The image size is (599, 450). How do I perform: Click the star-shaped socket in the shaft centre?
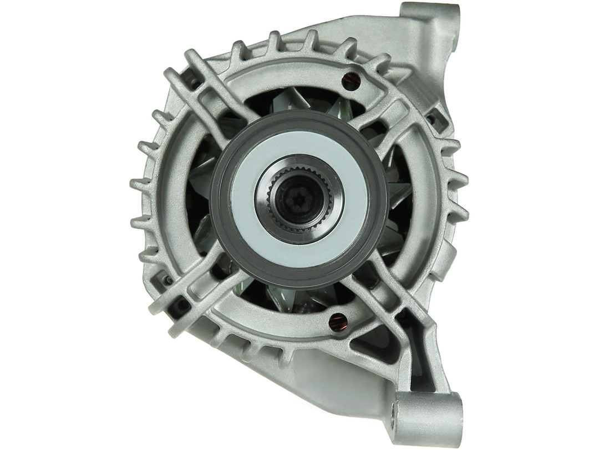coord(298,198)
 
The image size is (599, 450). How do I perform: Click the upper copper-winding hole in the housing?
coord(350,81)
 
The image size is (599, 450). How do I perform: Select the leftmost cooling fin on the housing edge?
coord(139,183)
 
